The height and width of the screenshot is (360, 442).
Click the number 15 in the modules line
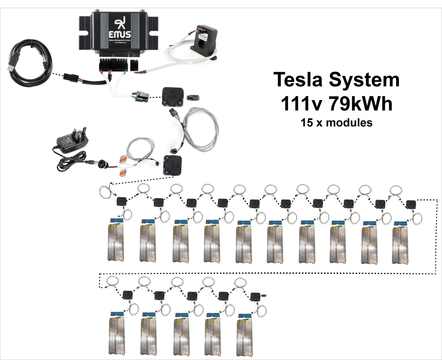(x=306, y=123)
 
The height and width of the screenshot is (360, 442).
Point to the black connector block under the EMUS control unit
(x=113, y=65)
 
